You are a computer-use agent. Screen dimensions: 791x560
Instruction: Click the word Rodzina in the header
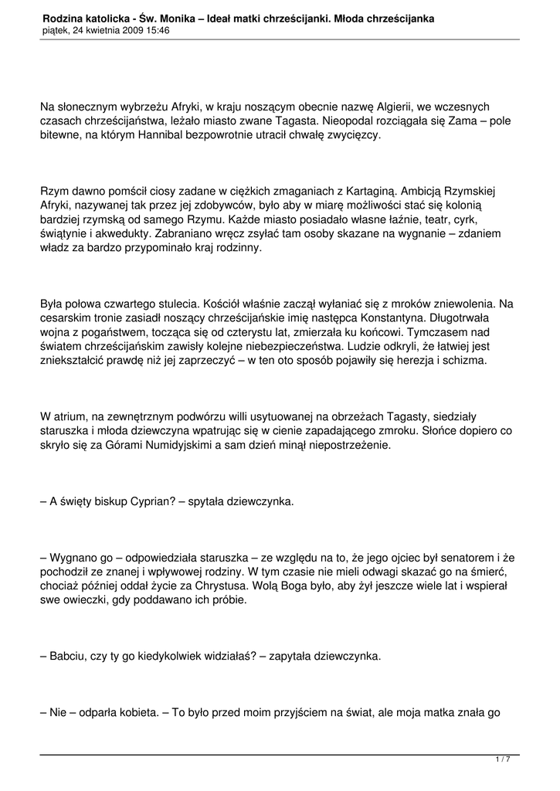65,17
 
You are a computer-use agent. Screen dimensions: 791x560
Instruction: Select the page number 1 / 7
503,759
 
